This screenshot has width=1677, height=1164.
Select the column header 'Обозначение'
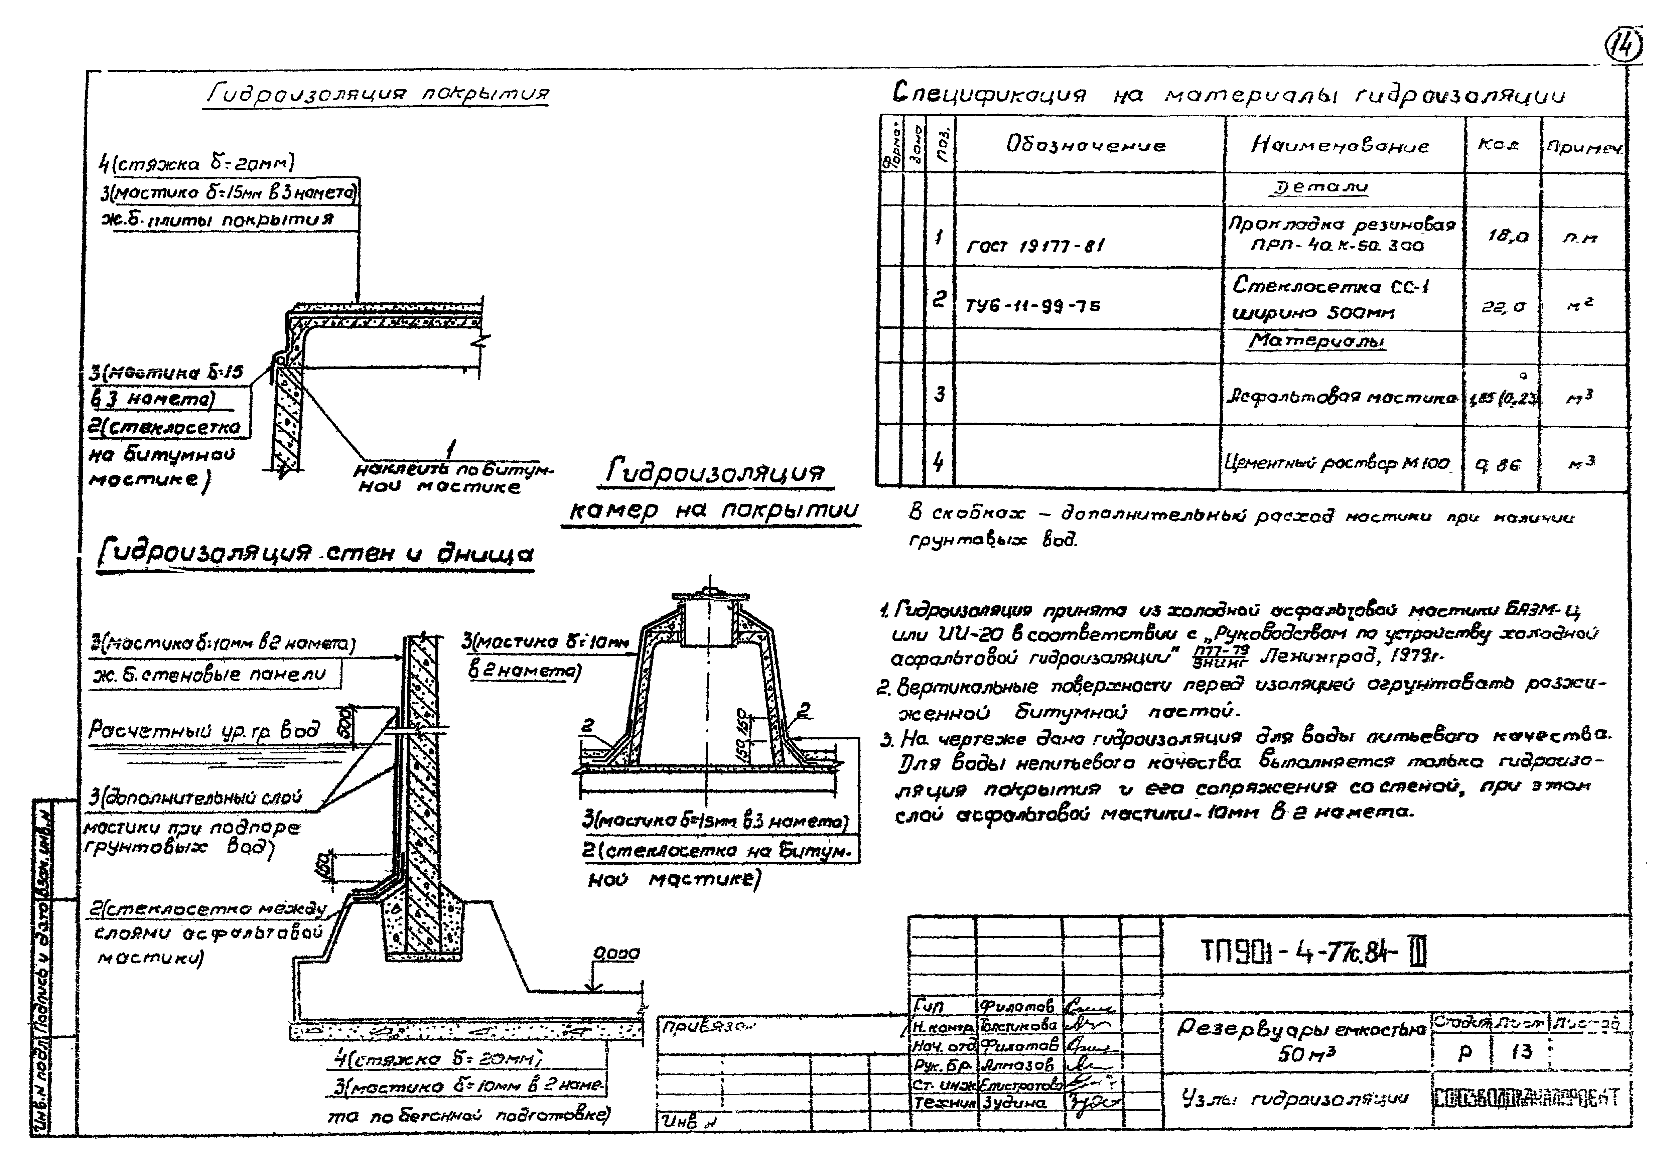1085,145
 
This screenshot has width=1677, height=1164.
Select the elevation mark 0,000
616,953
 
